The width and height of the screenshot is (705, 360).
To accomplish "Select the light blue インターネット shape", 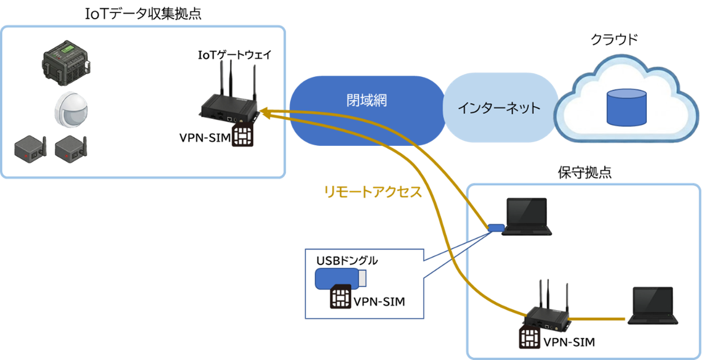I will pos(499,108).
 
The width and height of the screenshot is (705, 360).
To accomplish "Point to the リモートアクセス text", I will pos(373,191).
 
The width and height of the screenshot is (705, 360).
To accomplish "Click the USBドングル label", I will pos(346,261).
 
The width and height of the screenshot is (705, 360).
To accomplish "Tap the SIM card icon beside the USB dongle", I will pos(340,297).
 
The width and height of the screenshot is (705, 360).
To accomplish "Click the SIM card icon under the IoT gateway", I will pos(243,136).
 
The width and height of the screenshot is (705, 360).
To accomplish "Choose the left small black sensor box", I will pos(28,150).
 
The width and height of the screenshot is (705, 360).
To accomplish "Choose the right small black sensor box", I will pos(70,150).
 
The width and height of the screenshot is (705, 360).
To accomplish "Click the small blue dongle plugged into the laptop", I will pos(494,228).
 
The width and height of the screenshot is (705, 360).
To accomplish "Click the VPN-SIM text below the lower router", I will pos(569,342).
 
